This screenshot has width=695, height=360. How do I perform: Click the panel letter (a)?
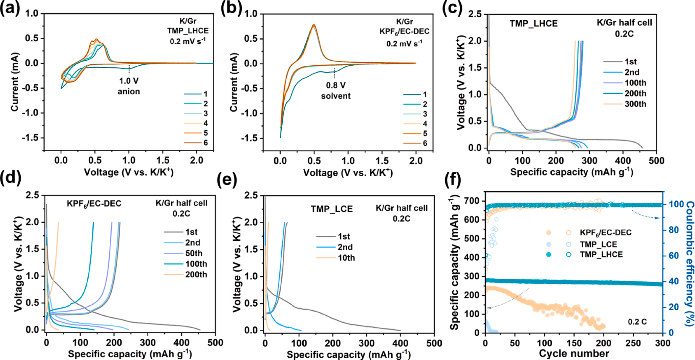coord(10,7)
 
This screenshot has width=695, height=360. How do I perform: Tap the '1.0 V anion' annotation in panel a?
coord(129,86)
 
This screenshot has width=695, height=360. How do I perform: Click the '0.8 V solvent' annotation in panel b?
coord(335,90)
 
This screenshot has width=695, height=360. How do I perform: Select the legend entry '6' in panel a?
coord(205,143)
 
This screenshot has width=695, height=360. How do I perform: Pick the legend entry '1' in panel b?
coord(425,94)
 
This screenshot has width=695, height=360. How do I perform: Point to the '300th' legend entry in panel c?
coord(635,104)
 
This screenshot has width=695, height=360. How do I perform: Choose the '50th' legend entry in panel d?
coord(194,253)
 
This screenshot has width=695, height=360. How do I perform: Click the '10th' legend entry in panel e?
coord(346,258)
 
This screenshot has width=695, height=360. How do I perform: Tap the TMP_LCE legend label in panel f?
coord(598,244)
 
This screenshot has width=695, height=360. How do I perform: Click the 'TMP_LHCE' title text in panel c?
coord(534,24)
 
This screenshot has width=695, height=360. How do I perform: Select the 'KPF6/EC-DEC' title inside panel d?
coord(94,204)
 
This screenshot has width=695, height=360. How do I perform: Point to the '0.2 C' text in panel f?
coord(637,322)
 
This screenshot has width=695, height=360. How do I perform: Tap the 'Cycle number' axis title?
coord(574,354)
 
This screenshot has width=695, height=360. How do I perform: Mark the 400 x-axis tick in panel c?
coord(623,161)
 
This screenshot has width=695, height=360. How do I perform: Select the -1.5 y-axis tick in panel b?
coord(251,138)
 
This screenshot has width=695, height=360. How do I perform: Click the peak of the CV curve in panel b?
coord(314,24)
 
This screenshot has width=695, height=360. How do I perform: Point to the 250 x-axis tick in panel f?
coord(633,343)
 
